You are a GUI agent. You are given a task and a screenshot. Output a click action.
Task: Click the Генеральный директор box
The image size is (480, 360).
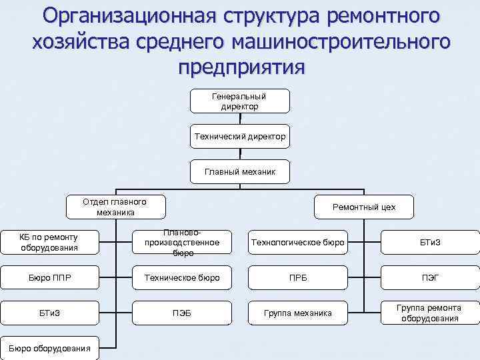point(239,101)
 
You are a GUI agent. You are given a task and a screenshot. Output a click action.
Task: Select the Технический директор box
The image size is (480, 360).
point(239,137)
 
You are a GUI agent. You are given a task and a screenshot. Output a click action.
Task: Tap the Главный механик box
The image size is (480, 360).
point(239,172)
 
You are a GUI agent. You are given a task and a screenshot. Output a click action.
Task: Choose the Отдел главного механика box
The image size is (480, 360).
point(115,207)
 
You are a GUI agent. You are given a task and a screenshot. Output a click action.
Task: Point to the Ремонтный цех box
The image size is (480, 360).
point(364,207)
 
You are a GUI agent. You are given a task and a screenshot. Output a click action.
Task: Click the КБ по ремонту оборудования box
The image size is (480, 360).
point(49,242)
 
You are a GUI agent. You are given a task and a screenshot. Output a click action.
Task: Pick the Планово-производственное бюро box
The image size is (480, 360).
point(177,243)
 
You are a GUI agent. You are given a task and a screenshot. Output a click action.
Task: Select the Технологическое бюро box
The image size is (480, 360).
point(297,243)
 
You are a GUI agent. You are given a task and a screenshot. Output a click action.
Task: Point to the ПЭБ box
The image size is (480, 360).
point(177,313)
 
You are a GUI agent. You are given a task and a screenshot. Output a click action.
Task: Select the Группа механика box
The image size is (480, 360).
point(297,313)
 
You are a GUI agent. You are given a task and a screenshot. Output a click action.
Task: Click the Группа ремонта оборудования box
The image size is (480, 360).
point(430,313)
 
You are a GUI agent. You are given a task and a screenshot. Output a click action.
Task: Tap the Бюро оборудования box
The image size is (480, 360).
point(49,348)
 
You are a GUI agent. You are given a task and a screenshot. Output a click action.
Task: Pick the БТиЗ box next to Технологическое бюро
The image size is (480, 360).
point(430,243)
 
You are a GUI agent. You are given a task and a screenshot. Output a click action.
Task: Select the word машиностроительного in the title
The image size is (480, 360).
point(340,41)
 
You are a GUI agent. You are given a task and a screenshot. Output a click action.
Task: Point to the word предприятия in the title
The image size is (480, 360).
point(240,67)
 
